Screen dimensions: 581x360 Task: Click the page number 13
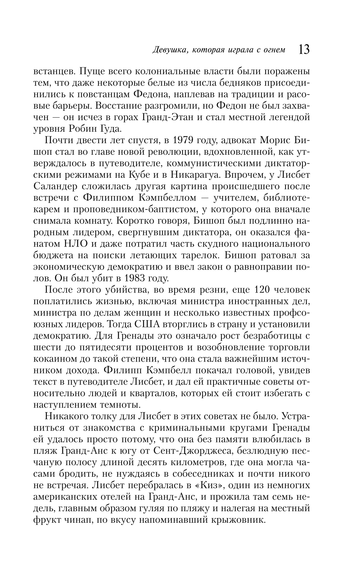[x=303, y=49]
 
